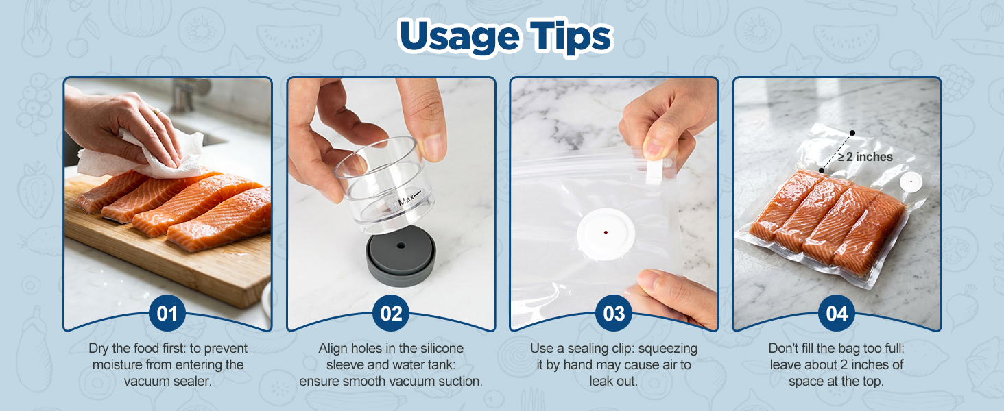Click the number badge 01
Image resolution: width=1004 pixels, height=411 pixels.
pyautogui.click(x=167, y=314)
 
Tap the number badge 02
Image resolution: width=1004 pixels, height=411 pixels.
pyautogui.click(x=391, y=314)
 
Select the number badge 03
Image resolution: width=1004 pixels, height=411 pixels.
pyautogui.click(x=614, y=314)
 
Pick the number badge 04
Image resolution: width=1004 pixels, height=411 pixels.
pyautogui.click(x=837, y=314)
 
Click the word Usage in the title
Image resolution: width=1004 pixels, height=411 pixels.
pyautogui.click(x=459, y=38)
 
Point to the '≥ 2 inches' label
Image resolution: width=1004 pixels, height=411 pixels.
pyautogui.click(x=865, y=157)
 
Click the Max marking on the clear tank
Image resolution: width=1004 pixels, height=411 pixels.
pyautogui.click(x=406, y=201)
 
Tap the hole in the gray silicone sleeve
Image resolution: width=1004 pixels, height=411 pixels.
pyautogui.click(x=401, y=246)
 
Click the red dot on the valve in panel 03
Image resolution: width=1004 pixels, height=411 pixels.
pyautogui.click(x=606, y=232)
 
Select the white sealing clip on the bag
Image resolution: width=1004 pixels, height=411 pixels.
pyautogui.click(x=656, y=171)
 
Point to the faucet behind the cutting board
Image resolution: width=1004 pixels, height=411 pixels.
pyautogui.click(x=187, y=92)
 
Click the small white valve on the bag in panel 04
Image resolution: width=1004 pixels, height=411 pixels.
pyautogui.click(x=911, y=182)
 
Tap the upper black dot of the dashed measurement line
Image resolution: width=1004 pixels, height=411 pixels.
pyautogui.click(x=852, y=133)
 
